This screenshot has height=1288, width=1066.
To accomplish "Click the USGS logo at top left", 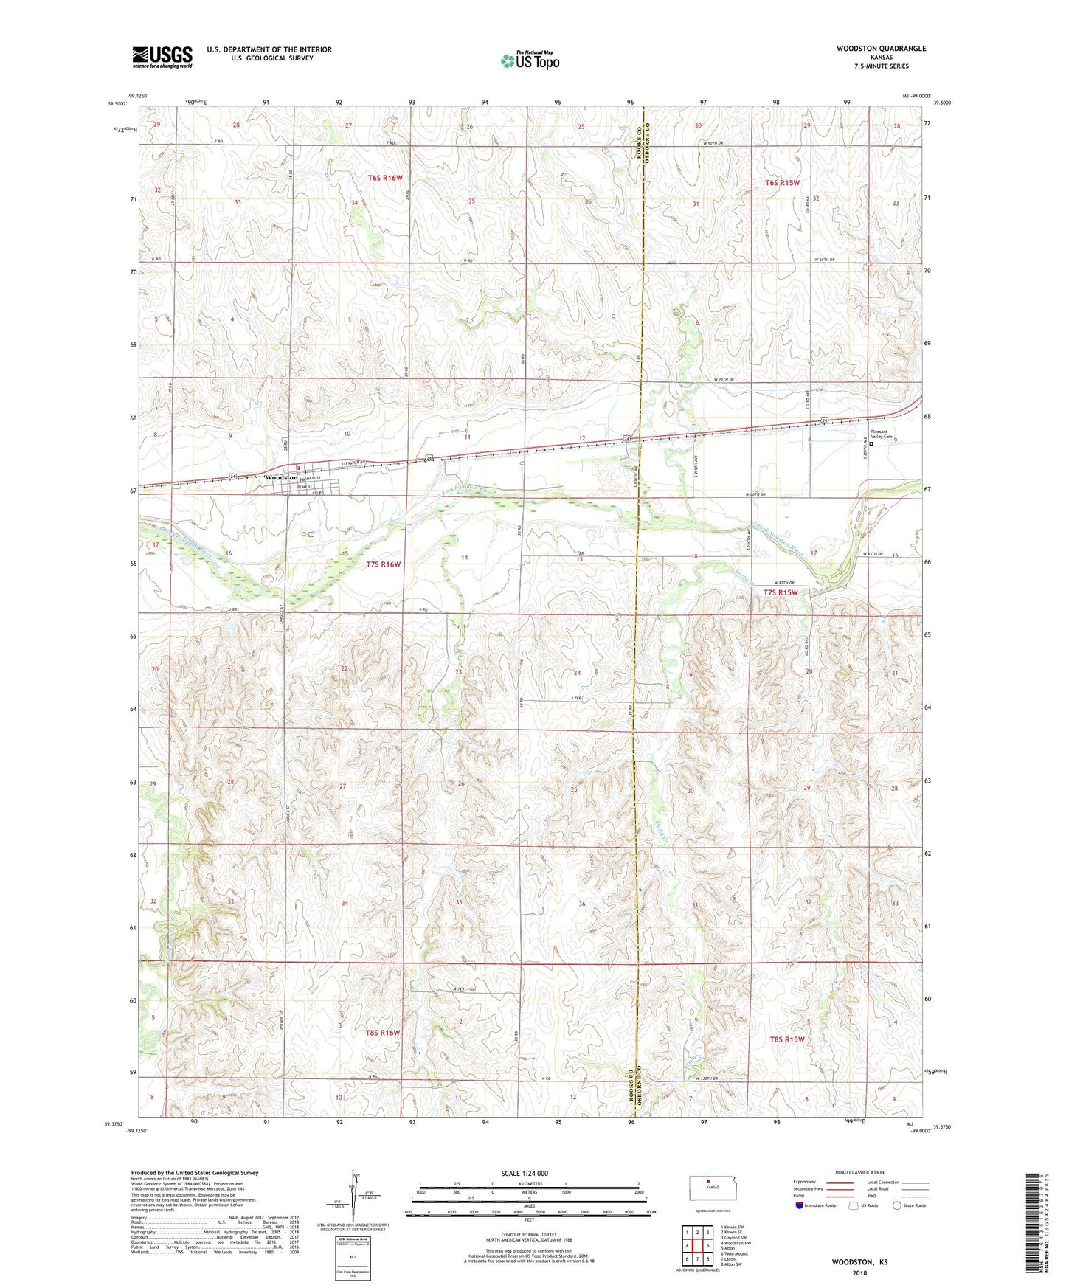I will pyautogui.click(x=162, y=56).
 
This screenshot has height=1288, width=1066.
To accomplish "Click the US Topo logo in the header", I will pyautogui.click(x=530, y=60).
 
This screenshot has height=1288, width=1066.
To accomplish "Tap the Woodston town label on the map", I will pyautogui.click(x=280, y=478).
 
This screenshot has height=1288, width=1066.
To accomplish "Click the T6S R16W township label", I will pyautogui.click(x=386, y=178).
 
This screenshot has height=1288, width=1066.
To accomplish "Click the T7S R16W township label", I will pyautogui.click(x=383, y=564).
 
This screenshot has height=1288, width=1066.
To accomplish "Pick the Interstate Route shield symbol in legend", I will pyautogui.click(x=800, y=1205).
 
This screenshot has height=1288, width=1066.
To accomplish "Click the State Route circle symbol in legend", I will pyautogui.click(x=897, y=1205).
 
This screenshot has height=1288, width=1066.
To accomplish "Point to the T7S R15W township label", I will pyautogui.click(x=780, y=592).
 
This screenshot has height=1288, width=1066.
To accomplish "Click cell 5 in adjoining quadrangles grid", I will pyautogui.click(x=707, y=1246).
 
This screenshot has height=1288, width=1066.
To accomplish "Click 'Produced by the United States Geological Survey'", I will pyautogui.click(x=195, y=1172).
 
